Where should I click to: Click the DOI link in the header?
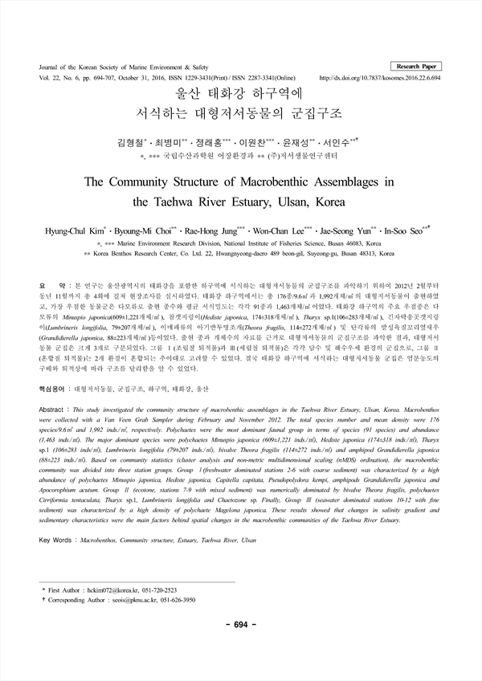coord(386,78)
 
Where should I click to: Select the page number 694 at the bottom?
coord(240,648)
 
